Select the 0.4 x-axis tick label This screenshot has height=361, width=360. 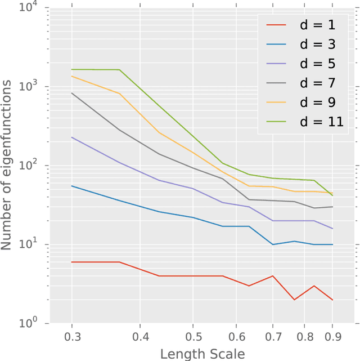(141, 336)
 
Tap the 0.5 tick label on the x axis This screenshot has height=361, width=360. (193, 336)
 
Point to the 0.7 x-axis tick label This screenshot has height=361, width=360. (273, 336)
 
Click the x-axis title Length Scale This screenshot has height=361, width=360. (202, 354)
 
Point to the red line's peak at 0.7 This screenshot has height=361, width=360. (273, 276)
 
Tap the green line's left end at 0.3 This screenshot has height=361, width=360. (72, 69)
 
